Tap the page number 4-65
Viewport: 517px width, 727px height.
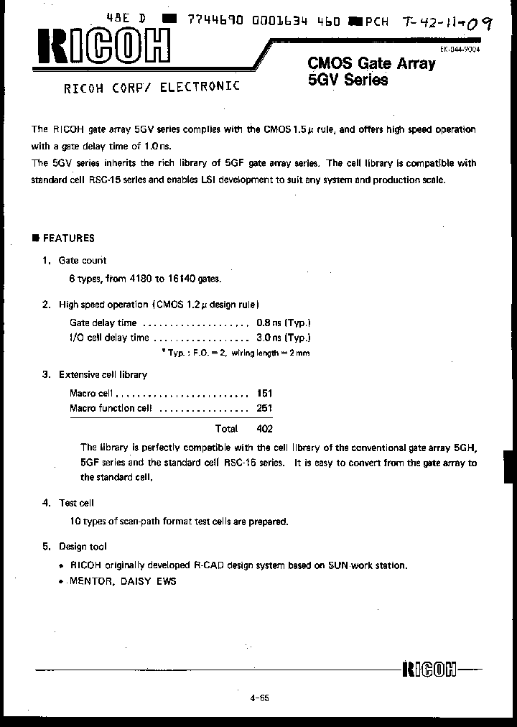[x=259, y=698]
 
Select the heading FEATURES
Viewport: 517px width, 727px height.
[x=68, y=239]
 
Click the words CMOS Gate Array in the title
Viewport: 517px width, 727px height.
[x=371, y=64]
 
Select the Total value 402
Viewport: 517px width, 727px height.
[x=264, y=428]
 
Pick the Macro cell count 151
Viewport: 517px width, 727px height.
[x=264, y=394]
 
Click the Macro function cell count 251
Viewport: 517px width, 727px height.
[x=264, y=408]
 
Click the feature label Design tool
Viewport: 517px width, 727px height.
[x=83, y=547]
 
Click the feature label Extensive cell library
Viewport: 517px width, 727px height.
[x=103, y=374]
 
